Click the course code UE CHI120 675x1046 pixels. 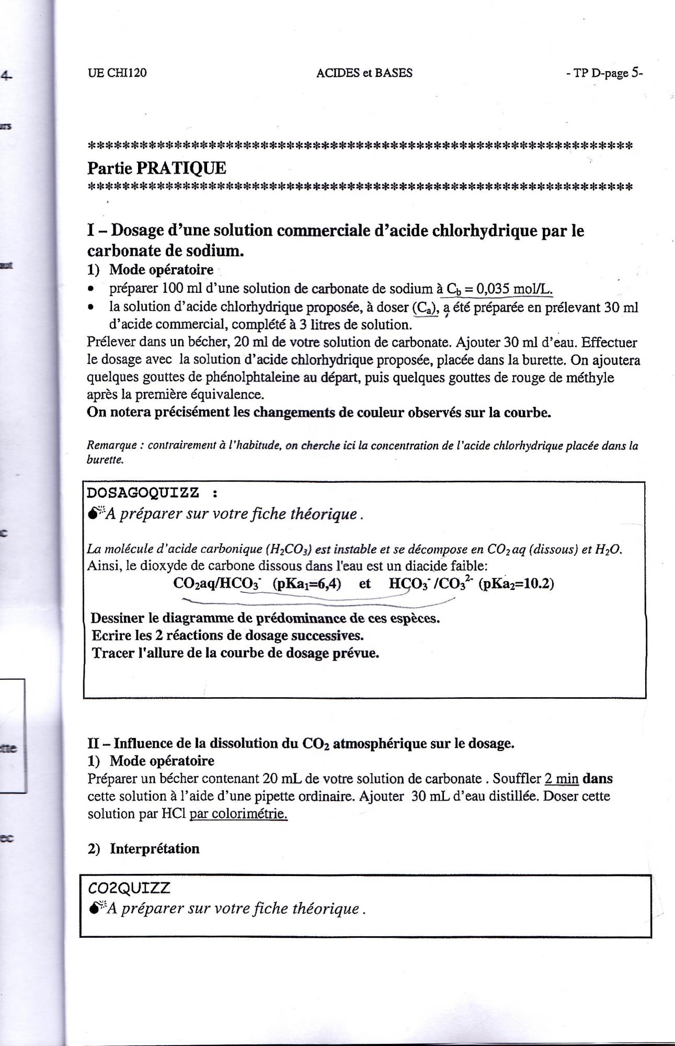[117, 73]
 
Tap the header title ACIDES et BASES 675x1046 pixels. [364, 73]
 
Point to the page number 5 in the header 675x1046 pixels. [635, 72]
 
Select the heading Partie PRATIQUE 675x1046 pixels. [156, 168]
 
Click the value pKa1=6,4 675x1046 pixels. [307, 584]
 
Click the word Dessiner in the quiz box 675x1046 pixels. [118, 618]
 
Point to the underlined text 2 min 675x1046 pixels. [562, 779]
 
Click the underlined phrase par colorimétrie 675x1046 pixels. [238, 814]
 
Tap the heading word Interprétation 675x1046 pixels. [154, 848]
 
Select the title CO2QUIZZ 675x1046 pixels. [129, 888]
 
